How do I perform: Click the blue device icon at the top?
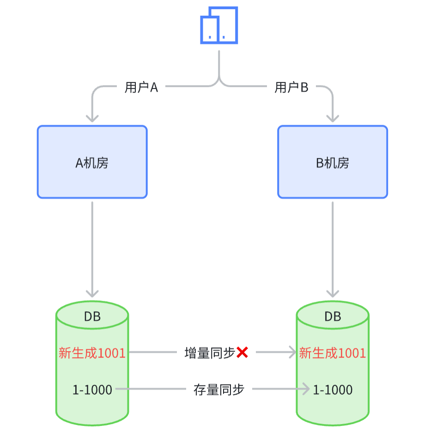219,25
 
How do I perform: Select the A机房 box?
92,162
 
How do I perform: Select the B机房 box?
333,162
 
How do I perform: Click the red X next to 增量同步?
242,353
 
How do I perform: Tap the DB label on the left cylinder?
92,317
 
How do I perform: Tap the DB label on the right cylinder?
333,317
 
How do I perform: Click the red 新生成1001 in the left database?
92,353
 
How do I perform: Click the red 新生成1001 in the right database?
333,353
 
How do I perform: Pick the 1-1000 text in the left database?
92,390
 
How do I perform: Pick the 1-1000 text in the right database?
333,390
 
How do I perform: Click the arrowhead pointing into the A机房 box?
92,118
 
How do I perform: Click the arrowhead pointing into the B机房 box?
333,118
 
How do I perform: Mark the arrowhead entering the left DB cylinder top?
92,293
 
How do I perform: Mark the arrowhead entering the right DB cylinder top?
333,293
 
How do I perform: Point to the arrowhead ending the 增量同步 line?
292,353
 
